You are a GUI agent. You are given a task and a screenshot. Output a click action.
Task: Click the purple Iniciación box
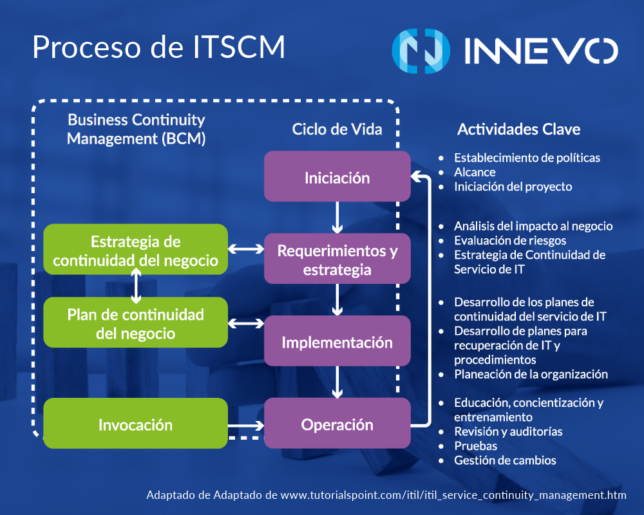pyautogui.click(x=337, y=176)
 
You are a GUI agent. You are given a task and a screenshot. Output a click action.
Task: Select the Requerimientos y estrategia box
pyautogui.click(x=337, y=259)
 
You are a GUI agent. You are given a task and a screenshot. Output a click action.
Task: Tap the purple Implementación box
pyautogui.click(x=337, y=342)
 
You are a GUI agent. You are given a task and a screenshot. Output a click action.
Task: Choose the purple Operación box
pyautogui.click(x=337, y=424)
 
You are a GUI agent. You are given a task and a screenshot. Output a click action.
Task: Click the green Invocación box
pyautogui.click(x=135, y=424)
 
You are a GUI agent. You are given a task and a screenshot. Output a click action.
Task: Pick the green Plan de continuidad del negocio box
pyautogui.click(x=135, y=323)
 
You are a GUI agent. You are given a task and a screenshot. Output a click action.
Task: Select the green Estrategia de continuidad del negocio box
pyautogui.click(x=135, y=250)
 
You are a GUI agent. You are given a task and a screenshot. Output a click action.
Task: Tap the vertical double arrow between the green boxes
pyautogui.click(x=135, y=286)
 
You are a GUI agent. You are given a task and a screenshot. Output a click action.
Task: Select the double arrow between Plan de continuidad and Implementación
pyautogui.click(x=246, y=323)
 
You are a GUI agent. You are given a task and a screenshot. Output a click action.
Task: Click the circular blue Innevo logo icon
pyautogui.click(x=421, y=50)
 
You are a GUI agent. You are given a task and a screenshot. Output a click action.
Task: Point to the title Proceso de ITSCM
pyautogui.click(x=158, y=48)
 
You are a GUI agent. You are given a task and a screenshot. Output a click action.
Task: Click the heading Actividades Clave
pyautogui.click(x=518, y=129)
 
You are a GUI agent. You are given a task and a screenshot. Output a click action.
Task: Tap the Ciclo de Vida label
pyautogui.click(x=337, y=129)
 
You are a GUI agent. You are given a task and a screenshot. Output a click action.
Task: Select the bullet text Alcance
pyautogui.click(x=475, y=172)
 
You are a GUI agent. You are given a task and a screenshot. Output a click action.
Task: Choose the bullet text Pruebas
pyautogui.click(x=475, y=445)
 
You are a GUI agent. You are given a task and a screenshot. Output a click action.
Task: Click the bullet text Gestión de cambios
pyautogui.click(x=505, y=460)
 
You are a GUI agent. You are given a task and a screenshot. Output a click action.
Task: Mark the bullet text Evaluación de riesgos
pyautogui.click(x=510, y=240)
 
